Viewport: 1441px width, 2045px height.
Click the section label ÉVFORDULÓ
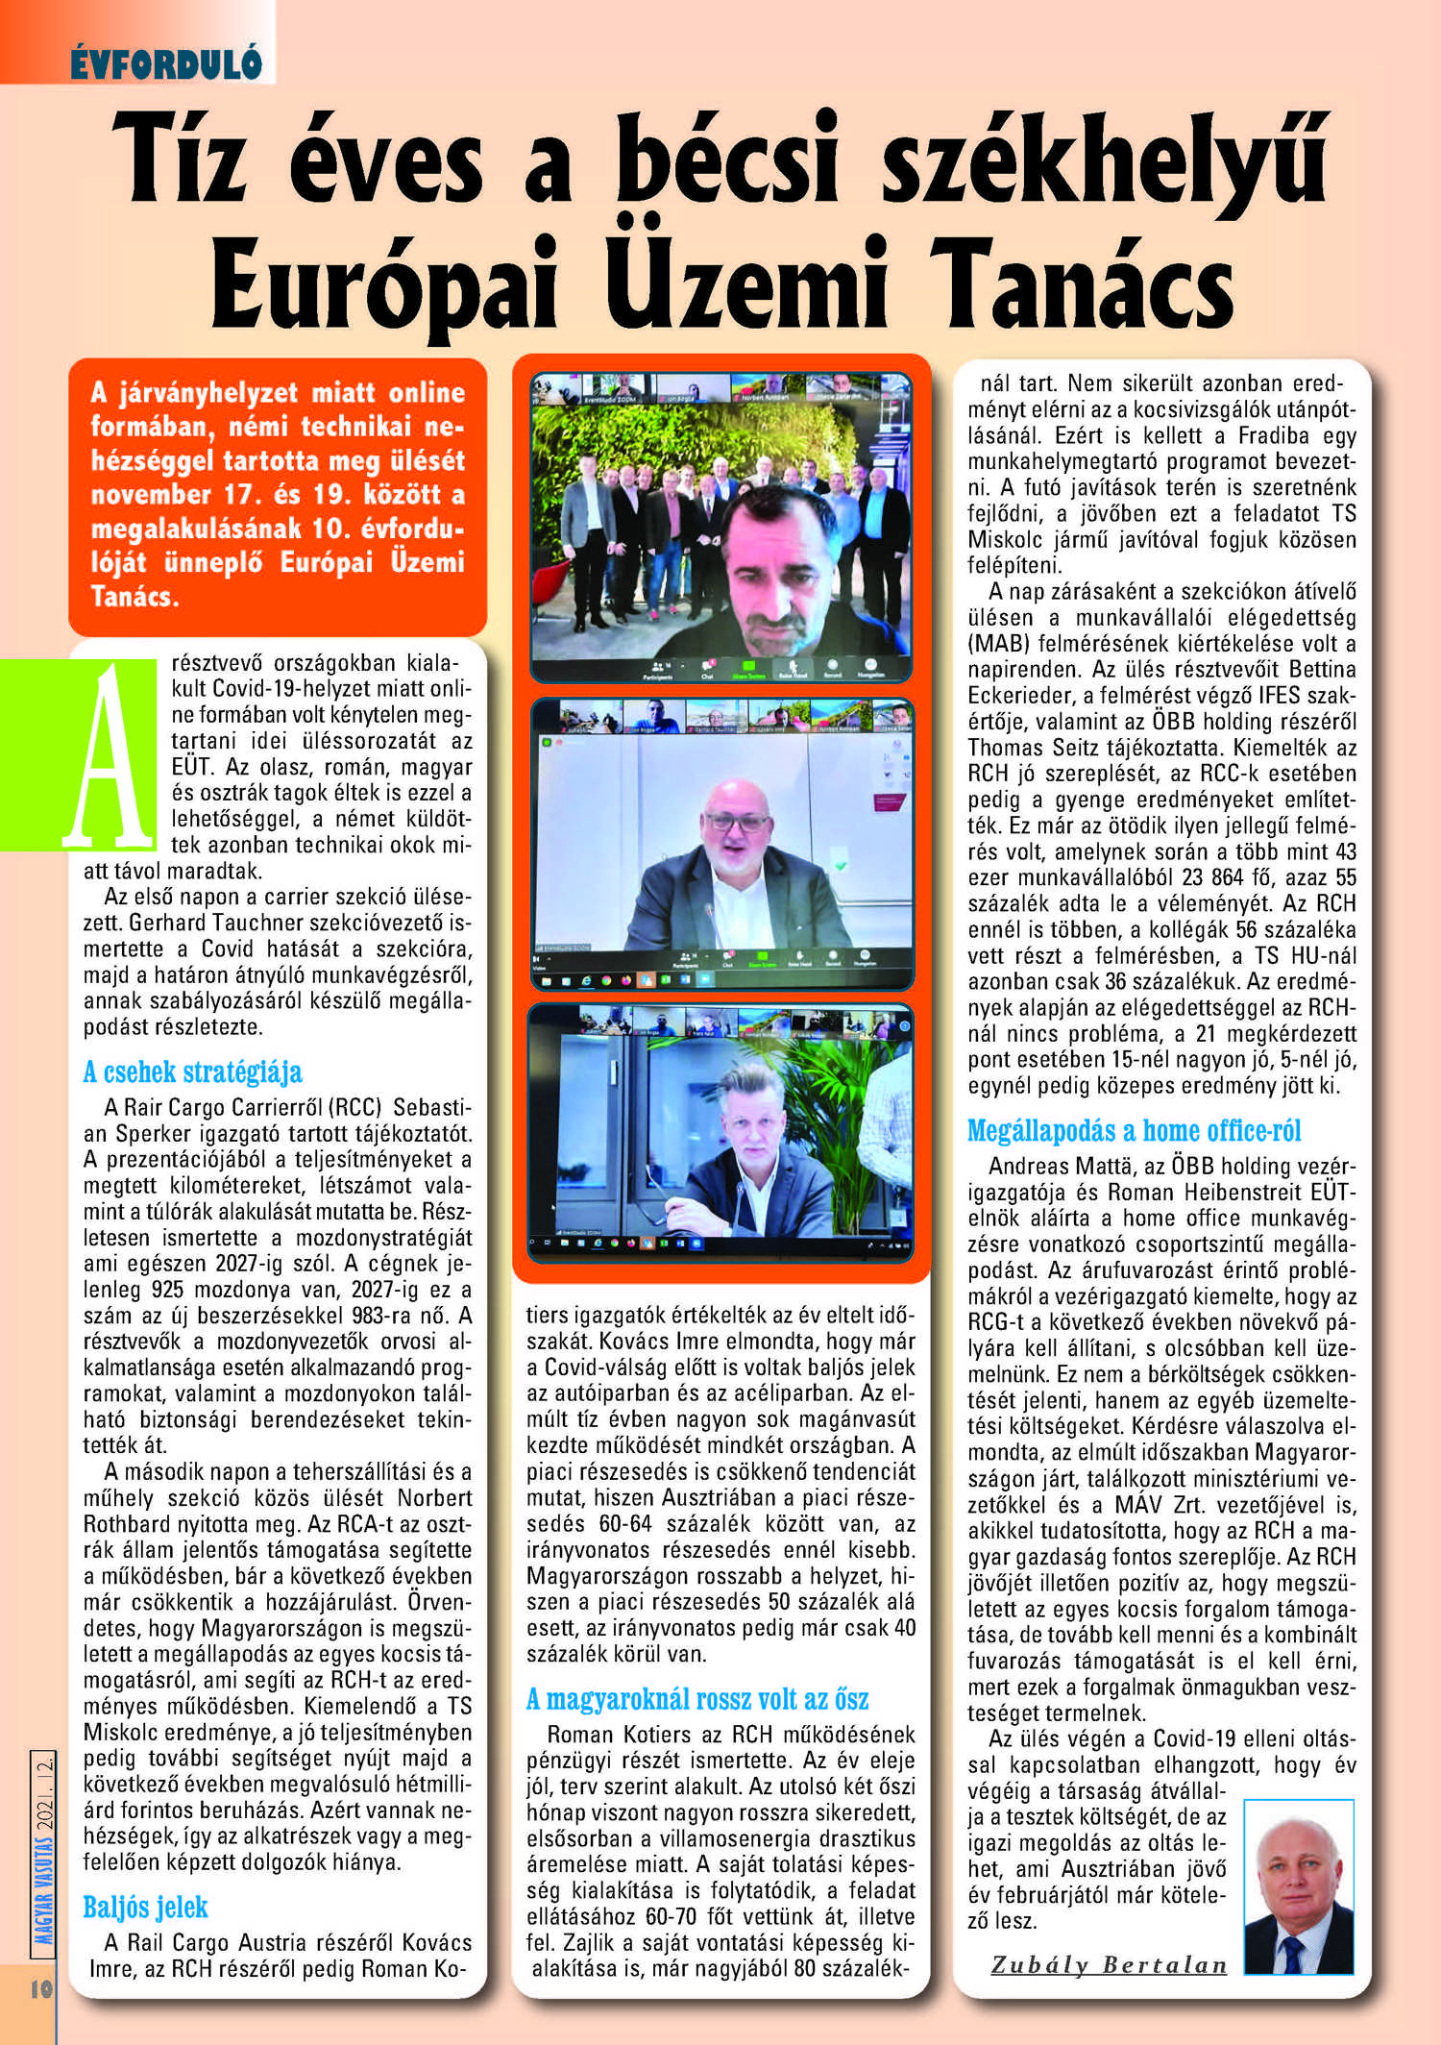tap(166, 63)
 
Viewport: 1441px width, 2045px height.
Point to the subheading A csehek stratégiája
tap(192, 1072)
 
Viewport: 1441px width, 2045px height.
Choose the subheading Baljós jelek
tap(145, 1907)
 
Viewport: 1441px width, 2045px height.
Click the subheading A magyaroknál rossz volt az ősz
tap(696, 1699)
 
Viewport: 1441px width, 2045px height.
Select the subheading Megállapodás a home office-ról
tap(1134, 1130)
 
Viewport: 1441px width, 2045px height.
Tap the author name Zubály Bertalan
tap(1109, 1964)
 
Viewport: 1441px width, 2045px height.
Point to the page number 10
tap(40, 1988)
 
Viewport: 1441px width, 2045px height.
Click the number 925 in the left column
tap(167, 1290)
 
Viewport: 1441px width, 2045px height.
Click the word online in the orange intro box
tap(426, 392)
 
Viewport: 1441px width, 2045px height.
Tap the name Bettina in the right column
tap(1322, 669)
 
